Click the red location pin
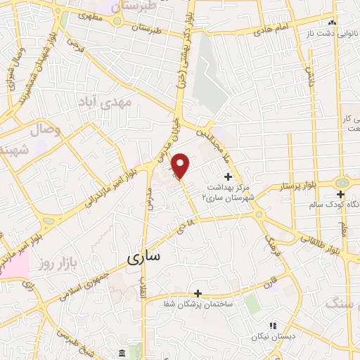[x=181, y=166]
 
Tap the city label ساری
[x=144, y=258]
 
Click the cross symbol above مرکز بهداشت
[x=227, y=176]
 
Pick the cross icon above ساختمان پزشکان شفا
[x=198, y=293]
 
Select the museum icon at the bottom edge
[x=122, y=352]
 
